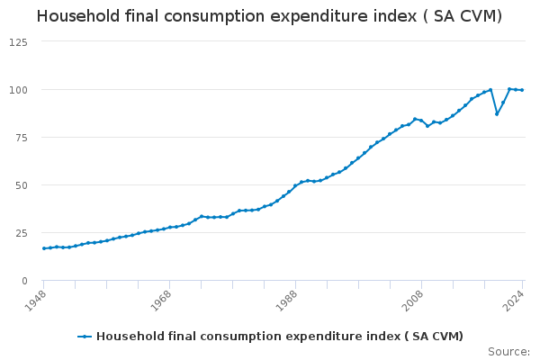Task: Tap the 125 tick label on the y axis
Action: (18, 42)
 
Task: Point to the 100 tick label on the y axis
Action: (18, 90)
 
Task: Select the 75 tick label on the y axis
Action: (21, 138)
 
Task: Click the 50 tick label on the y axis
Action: (21, 185)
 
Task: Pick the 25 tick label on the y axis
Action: (21, 233)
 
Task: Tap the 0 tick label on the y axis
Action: (24, 281)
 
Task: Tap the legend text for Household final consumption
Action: (279, 337)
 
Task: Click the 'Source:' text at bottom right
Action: (508, 351)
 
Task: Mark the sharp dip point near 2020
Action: (497, 113)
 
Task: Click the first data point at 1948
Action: (43, 248)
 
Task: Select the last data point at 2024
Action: (522, 90)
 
